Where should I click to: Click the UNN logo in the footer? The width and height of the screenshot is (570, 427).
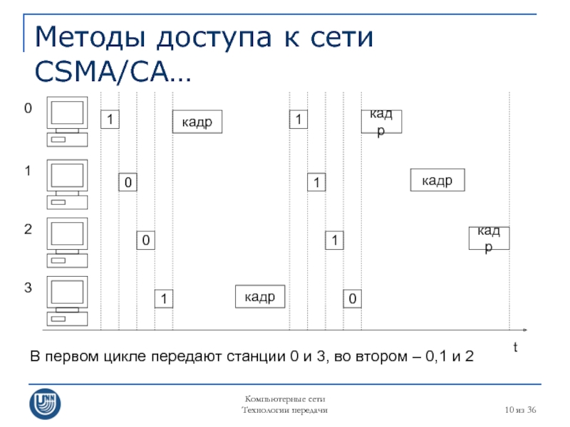[45, 404]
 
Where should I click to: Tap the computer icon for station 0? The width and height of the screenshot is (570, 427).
[67, 122]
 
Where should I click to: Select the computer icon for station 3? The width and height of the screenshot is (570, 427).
[67, 301]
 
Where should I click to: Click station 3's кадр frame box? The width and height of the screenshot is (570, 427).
[260, 297]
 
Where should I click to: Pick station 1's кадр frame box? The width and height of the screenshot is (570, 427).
[437, 180]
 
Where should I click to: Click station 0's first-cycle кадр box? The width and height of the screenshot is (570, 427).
[197, 122]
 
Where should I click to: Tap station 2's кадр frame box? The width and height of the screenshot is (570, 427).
[489, 238]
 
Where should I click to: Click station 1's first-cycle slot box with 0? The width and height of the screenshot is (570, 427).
[128, 182]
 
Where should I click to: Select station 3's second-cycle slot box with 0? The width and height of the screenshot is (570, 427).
[352, 299]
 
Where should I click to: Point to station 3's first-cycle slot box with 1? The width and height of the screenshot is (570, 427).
[164, 299]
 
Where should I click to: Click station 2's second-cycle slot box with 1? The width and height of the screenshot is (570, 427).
[334, 241]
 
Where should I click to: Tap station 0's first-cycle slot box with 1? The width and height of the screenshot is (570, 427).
[110, 119]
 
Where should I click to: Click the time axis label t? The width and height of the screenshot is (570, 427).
[515, 347]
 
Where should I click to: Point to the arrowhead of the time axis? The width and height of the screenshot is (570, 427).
[525, 330]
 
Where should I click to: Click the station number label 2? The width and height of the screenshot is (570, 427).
[28, 229]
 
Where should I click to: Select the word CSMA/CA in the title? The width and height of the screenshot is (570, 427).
[102, 71]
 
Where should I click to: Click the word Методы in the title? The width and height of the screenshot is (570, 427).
[90, 38]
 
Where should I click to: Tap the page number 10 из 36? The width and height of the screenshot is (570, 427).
[520, 410]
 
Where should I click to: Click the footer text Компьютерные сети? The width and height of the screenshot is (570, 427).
[285, 399]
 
